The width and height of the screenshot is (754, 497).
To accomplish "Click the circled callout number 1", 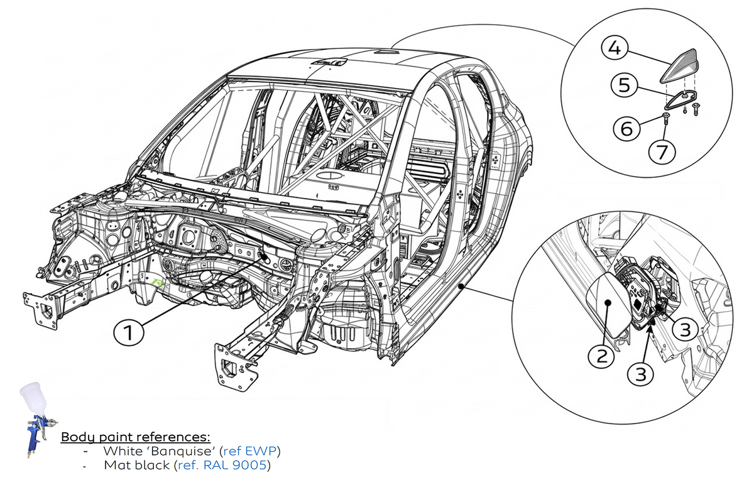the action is click(129, 332).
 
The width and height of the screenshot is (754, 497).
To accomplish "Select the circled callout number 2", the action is click(601, 356).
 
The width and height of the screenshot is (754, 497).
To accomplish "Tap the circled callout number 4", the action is click(615, 48).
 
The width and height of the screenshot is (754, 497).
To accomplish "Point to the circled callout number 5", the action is click(625, 85).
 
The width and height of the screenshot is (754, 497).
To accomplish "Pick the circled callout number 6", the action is click(626, 128).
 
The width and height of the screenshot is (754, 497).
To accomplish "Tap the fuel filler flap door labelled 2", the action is click(609, 305).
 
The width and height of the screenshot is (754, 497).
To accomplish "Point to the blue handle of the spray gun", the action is click(33, 437).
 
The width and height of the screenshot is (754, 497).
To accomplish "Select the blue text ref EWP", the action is click(250, 451).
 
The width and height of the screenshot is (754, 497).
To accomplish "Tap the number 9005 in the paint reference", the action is click(249, 466).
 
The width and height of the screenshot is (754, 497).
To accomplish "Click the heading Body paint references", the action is click(135, 437).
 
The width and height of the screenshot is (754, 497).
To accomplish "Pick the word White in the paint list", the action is click(123, 451).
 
